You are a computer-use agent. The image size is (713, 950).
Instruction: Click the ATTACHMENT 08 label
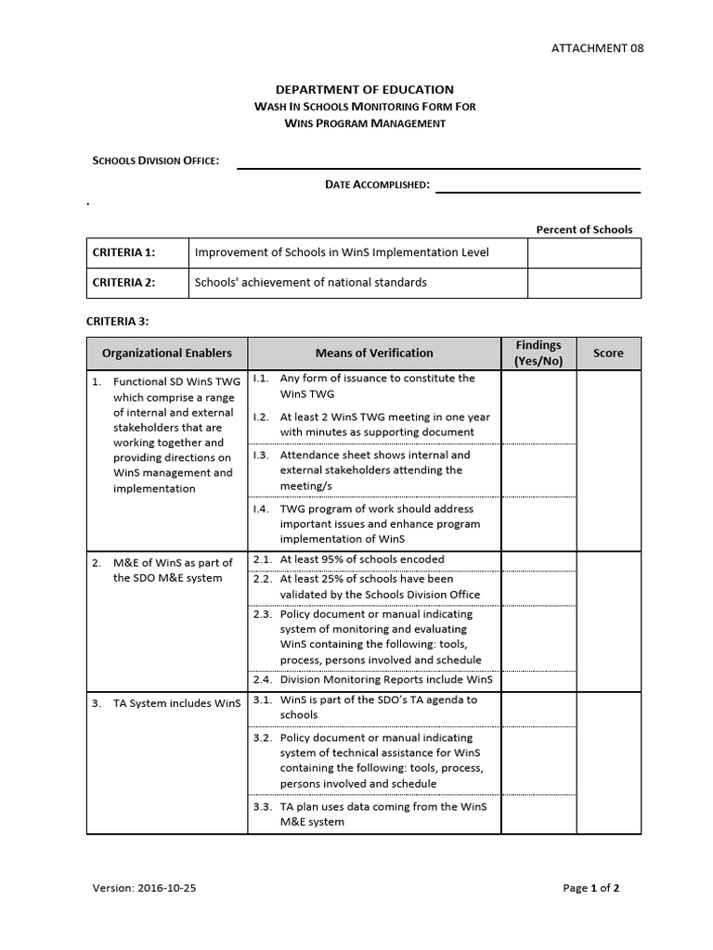pos(597,48)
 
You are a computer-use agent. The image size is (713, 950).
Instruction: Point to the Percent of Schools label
pos(584,229)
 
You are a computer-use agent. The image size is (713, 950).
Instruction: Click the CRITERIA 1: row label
pos(123,252)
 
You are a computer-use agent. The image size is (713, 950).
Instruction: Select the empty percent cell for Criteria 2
pos(584,283)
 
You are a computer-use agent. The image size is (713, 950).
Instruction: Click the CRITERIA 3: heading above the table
pos(117,321)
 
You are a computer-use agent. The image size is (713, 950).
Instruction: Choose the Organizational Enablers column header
pos(167,353)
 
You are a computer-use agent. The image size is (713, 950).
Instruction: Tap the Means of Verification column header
pos(374,353)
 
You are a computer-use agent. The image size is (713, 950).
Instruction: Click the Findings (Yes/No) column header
pos(538,353)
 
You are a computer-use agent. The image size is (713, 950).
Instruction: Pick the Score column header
pos(608,353)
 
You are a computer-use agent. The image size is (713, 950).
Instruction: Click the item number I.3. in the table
pos(261,456)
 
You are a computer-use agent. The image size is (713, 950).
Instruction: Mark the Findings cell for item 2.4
pos(538,680)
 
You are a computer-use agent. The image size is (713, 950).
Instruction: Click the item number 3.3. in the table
pos(262,807)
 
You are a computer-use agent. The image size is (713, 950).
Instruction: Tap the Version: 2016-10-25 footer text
pos(144,888)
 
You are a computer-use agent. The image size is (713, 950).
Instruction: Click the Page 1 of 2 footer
pos(590,888)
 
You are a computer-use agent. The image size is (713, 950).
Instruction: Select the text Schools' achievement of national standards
pos(310,283)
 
